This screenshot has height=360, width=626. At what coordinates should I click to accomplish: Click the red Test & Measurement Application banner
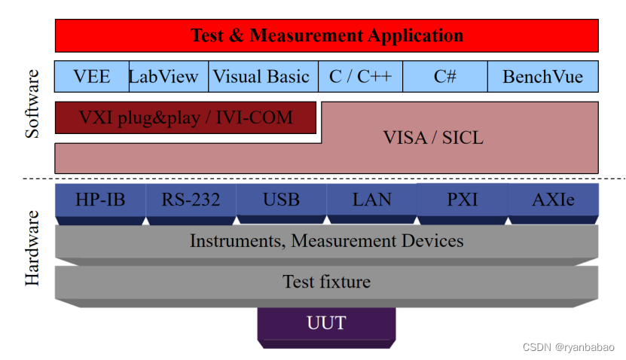326,35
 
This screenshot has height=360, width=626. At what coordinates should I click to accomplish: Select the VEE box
92,76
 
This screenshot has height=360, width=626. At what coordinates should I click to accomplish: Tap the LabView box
164,76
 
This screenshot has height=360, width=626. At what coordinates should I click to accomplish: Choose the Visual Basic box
261,76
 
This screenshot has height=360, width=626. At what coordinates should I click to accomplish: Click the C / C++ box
360,76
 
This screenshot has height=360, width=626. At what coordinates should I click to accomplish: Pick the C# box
445,76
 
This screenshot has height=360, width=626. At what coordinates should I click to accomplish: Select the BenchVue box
542,76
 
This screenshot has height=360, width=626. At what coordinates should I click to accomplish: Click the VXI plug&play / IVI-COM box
185,117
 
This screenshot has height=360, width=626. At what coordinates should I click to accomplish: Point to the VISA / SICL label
433,138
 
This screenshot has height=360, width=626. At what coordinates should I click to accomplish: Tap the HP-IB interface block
100,200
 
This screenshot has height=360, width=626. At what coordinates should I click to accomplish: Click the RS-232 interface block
191,200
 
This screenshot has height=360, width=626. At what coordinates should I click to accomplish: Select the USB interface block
281,200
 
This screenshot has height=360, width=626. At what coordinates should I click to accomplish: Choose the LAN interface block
371,200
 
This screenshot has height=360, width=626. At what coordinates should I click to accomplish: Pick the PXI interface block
462,200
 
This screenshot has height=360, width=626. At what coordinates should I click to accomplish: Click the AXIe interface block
553,200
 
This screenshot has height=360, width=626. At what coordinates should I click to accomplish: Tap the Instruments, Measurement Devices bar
326,241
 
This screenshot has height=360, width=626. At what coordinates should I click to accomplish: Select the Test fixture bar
326,282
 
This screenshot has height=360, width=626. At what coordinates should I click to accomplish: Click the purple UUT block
326,324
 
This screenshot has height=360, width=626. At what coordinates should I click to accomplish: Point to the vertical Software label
32,104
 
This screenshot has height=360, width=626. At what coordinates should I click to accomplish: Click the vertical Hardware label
32,249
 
